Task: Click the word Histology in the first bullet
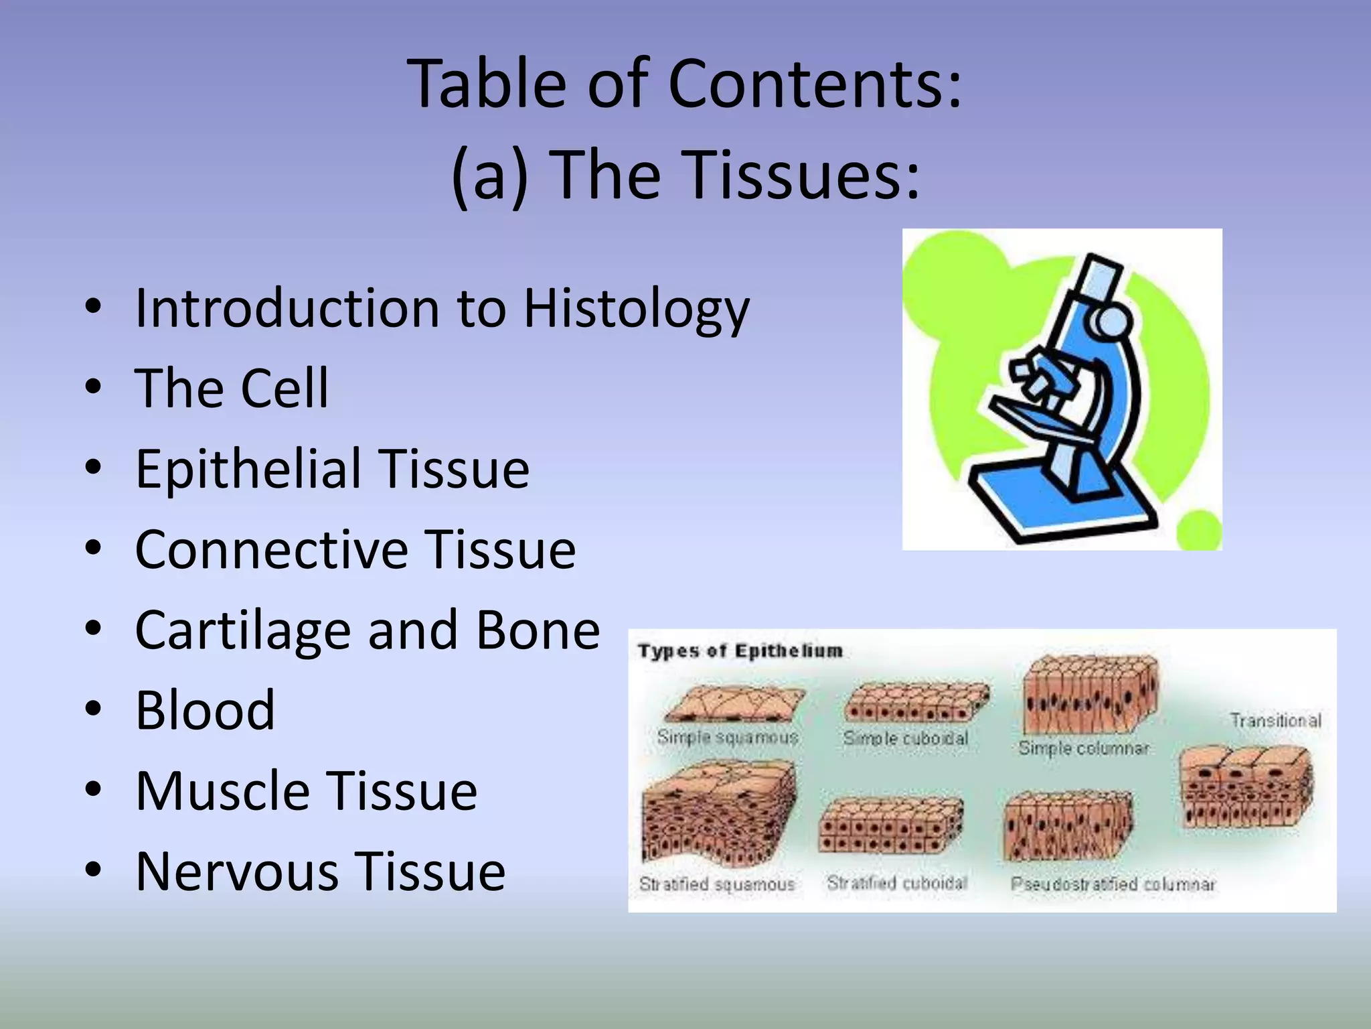coord(636,310)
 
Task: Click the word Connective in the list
coord(270,550)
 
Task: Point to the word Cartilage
coord(242,631)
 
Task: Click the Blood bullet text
coord(205,711)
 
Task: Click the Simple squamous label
coord(728,738)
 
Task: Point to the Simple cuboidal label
coord(905,738)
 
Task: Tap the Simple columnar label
coord(1083,748)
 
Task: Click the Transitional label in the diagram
coord(1275,721)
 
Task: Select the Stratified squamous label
coord(716,884)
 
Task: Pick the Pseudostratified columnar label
coord(1113,884)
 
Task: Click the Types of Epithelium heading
coord(740,651)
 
